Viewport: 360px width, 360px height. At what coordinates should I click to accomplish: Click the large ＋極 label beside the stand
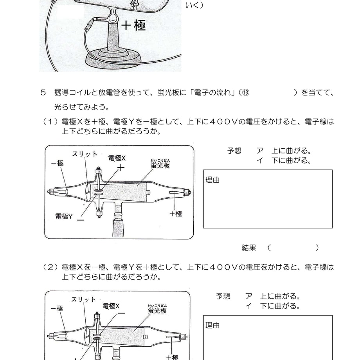point(133,25)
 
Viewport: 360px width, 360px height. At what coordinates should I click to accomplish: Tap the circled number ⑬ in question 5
point(245,92)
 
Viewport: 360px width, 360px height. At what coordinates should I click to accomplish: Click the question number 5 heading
point(43,92)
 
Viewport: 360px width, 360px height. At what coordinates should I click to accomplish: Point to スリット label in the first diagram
point(85,154)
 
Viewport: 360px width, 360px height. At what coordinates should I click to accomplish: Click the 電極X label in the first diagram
point(117,158)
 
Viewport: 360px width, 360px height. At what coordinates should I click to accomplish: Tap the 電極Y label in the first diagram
point(64,216)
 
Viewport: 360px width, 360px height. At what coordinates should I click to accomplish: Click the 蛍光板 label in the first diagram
point(160,165)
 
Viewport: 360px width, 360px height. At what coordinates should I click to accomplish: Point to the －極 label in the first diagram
point(57,163)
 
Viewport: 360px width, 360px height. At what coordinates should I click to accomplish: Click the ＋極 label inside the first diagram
point(176,214)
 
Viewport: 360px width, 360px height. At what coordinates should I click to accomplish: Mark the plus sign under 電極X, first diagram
point(121,168)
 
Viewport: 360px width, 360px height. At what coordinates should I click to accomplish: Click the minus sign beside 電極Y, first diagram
point(81,220)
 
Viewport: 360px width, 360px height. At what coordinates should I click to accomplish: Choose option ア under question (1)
point(284,151)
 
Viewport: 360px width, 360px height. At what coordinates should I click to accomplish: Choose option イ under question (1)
point(284,160)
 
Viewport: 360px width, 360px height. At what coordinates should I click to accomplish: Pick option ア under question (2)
point(273,296)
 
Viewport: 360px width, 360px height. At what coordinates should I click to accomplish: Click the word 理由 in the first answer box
point(212,180)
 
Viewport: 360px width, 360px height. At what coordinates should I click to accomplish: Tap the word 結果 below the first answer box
point(249,247)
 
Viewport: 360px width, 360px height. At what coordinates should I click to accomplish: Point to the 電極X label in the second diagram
point(111,306)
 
